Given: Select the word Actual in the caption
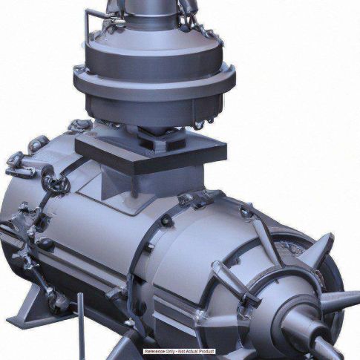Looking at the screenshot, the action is (x=192, y=351).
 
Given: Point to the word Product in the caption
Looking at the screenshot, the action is (x=206, y=351).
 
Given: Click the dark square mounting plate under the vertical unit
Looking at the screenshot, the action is (x=151, y=153).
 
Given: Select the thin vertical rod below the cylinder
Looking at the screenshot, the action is (x=81, y=326).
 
